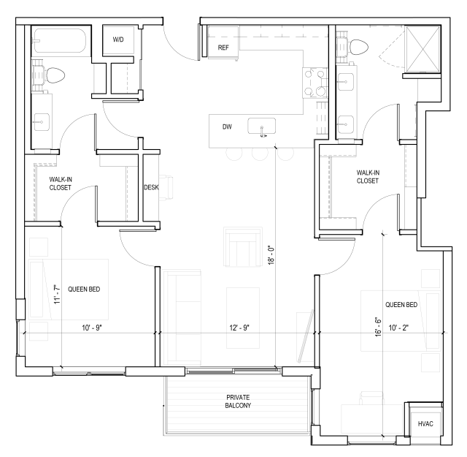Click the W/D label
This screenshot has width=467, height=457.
[117, 39]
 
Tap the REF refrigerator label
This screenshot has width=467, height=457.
[224, 48]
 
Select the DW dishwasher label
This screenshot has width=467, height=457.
[227, 127]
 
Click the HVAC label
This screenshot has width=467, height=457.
[425, 424]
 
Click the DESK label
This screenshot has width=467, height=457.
[152, 187]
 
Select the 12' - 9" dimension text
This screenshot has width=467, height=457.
[237, 328]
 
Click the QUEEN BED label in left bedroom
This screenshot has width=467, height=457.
[84, 290]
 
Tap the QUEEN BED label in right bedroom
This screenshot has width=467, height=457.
[401, 304]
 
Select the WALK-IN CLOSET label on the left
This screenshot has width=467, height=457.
[61, 183]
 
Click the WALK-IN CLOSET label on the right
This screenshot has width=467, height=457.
[368, 176]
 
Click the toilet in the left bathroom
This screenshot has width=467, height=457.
[53, 74]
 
